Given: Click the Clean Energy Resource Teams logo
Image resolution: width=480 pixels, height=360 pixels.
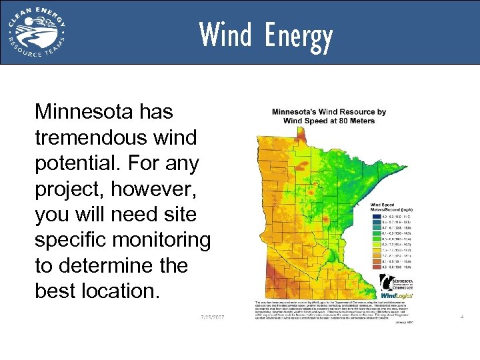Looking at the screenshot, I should (x=37, y=31).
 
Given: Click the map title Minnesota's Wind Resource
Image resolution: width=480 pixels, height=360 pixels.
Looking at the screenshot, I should (x=329, y=115).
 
